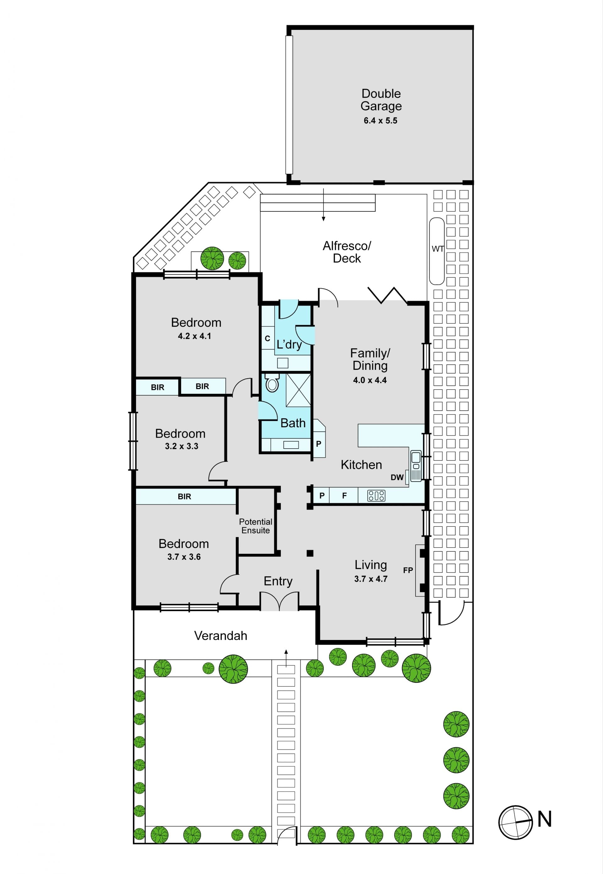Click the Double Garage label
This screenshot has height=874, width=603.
(381, 100)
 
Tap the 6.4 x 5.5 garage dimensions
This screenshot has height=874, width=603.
(380, 121)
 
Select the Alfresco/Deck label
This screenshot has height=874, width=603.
(347, 252)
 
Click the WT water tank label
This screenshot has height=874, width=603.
(437, 249)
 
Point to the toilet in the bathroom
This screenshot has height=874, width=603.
(272, 383)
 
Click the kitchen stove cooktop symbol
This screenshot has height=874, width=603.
(376, 495)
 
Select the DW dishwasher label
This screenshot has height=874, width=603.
(397, 477)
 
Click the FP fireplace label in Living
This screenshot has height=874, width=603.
(408, 570)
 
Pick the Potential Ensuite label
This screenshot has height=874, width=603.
(256, 526)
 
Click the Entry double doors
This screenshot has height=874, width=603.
(279, 601)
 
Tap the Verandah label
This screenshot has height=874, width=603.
(221, 636)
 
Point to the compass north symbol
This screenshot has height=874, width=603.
(515, 822)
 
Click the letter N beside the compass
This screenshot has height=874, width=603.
(545, 819)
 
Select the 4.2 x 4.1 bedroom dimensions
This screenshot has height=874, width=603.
(195, 336)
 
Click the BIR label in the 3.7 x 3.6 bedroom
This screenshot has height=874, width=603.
(184, 497)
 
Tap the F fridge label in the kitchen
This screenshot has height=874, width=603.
(344, 495)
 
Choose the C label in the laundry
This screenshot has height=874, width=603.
(268, 338)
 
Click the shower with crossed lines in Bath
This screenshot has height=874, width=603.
(298, 390)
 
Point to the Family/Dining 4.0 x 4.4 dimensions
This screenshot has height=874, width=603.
(370, 381)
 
